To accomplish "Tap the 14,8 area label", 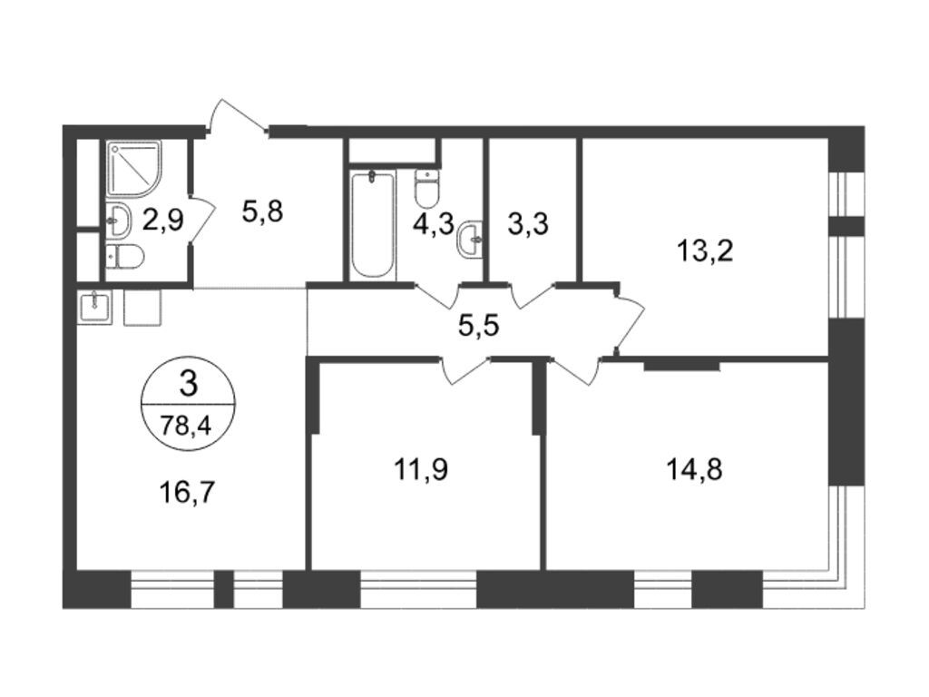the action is [694, 471].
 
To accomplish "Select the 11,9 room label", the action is [421, 469].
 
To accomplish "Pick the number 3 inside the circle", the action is [189, 385].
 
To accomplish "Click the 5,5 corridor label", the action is [479, 326].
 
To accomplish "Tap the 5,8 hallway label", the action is [262, 211].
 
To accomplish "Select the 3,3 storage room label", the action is [528, 225].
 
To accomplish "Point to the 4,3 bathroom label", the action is [433, 224].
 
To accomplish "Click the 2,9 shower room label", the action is [163, 220].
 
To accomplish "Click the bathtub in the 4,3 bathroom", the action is [372, 224].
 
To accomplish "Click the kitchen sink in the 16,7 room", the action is [93, 307].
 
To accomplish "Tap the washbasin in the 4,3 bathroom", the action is [471, 239].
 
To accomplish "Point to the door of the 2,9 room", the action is [200, 221].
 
